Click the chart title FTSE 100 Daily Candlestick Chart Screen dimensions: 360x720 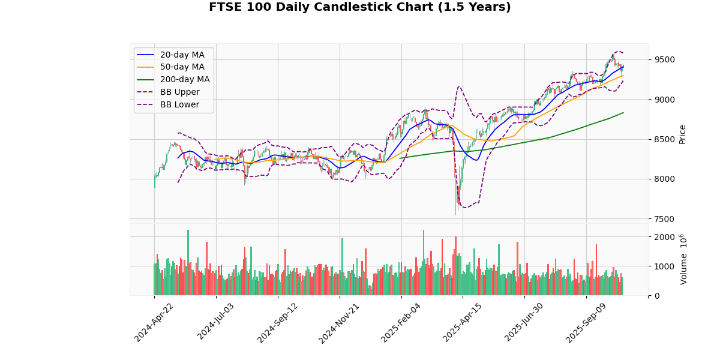click(360, 7)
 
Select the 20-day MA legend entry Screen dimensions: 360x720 click(182, 55)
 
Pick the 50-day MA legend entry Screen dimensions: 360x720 click(182, 67)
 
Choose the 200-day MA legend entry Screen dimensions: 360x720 click(184, 80)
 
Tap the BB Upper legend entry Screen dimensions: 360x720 click(178, 92)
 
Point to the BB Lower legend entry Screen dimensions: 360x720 click(178, 104)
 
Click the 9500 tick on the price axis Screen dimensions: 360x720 click(664, 59)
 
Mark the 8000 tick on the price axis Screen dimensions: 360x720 click(664, 179)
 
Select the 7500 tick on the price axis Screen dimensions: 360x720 click(664, 218)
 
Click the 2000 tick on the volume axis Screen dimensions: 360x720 click(664, 237)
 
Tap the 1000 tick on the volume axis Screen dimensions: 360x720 click(664, 266)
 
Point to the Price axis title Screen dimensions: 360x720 click(682, 134)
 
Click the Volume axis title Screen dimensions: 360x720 click(684, 259)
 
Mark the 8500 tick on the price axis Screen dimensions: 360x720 click(664, 139)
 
